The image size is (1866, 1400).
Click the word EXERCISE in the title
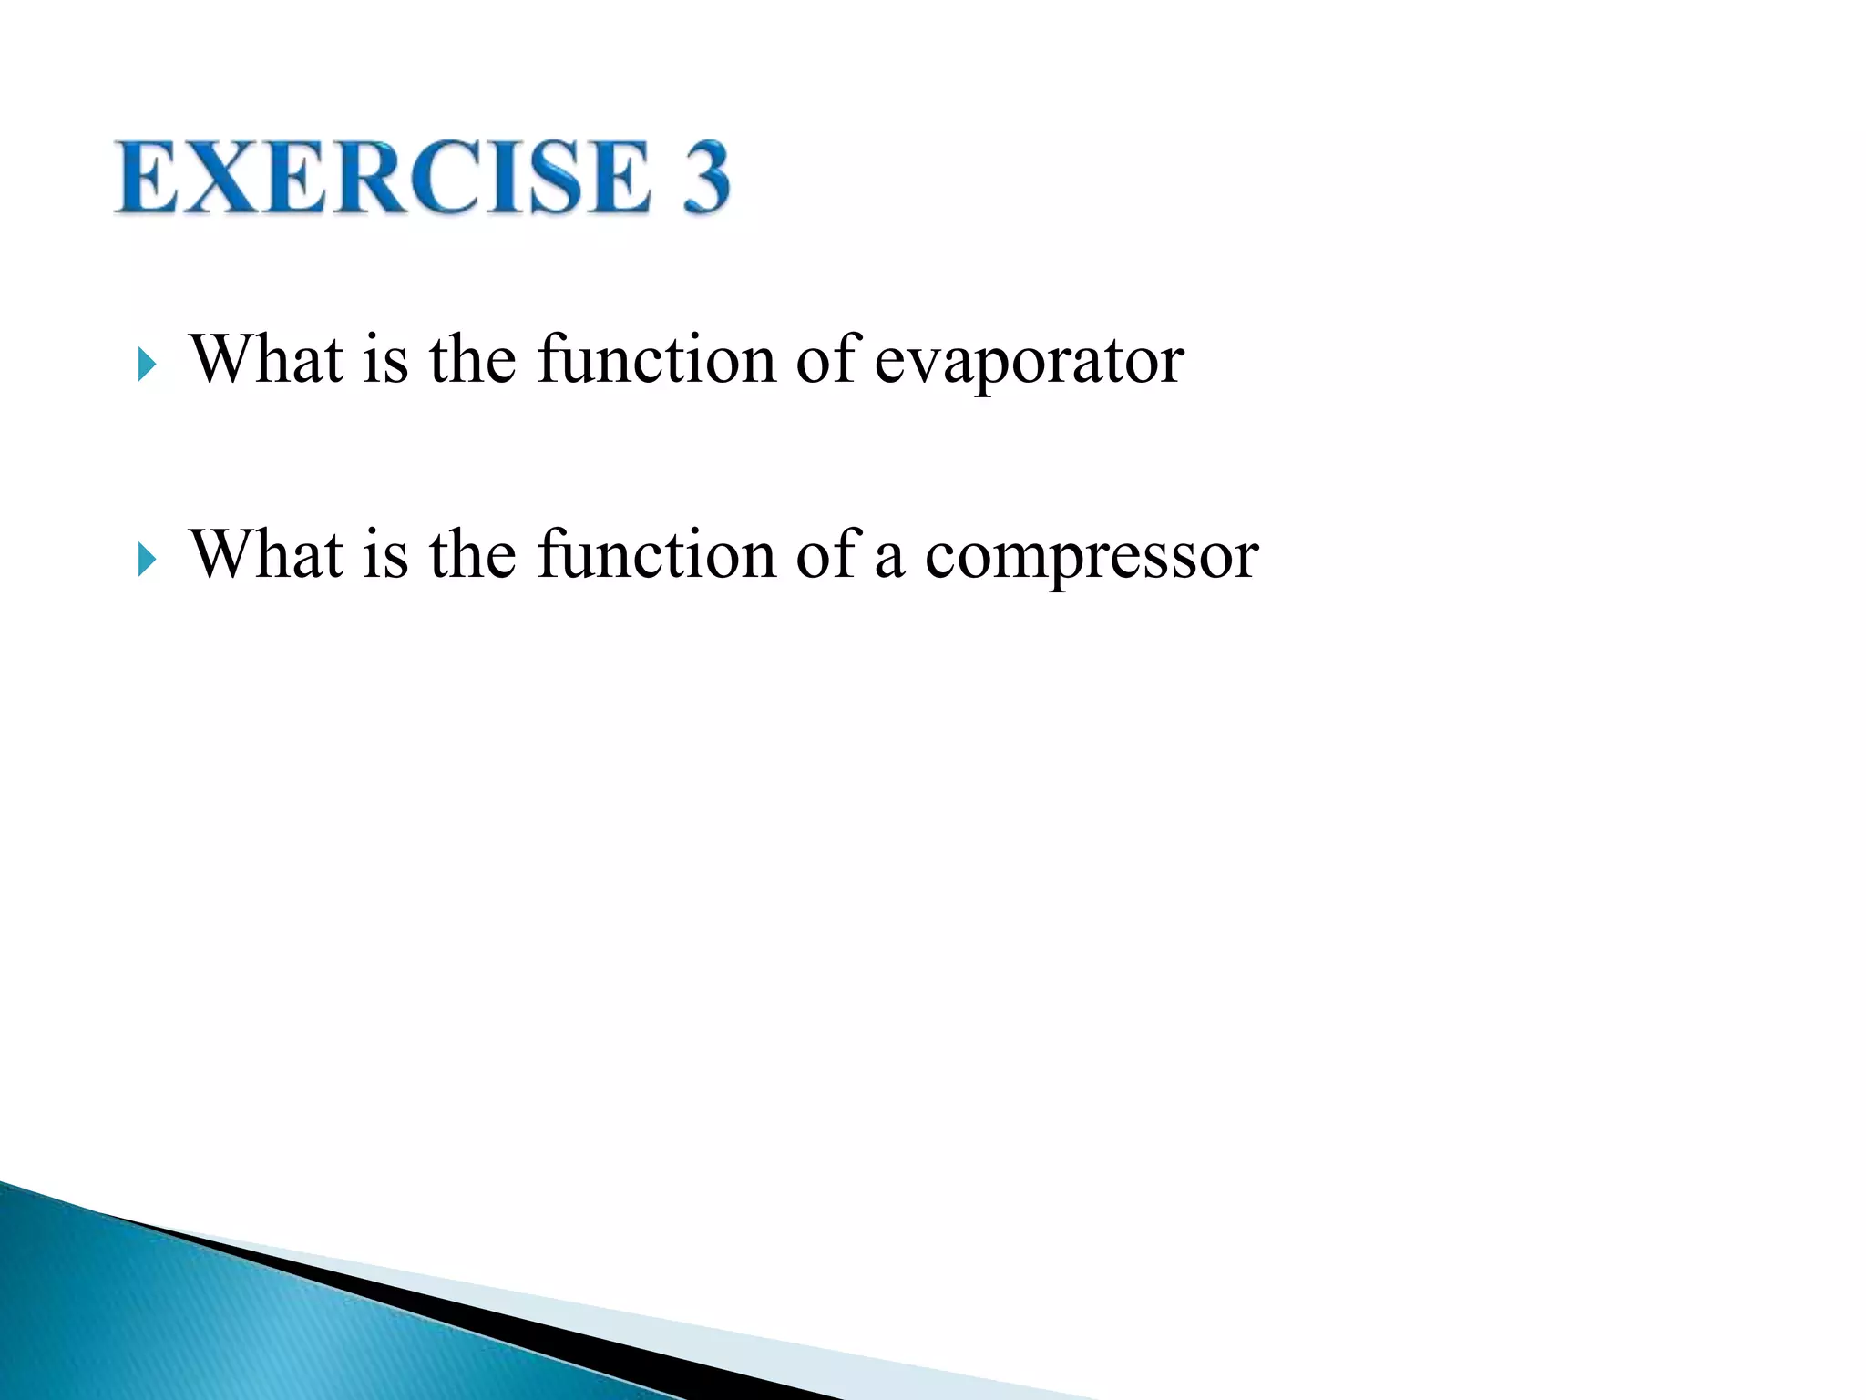pos(383,178)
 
